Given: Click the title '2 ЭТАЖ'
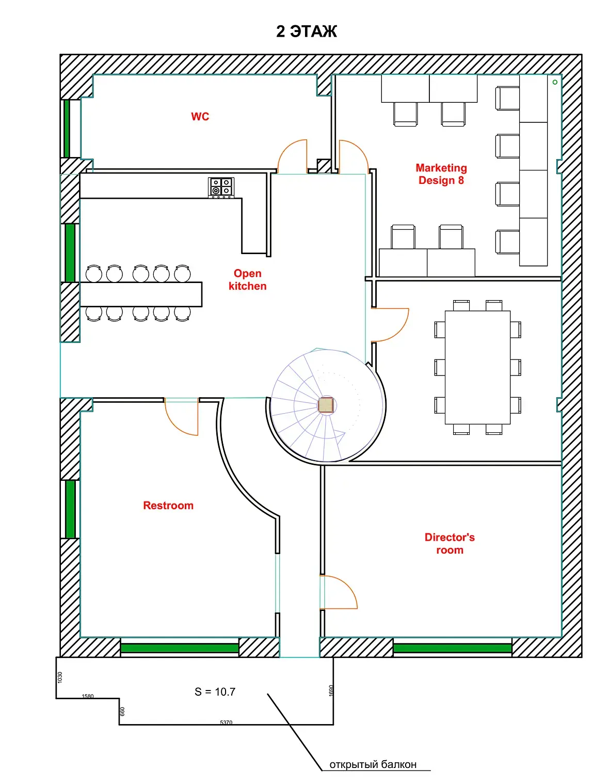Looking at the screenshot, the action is click(x=306, y=32).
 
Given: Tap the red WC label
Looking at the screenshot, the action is click(x=200, y=116).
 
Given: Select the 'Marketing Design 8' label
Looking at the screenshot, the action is click(x=441, y=174).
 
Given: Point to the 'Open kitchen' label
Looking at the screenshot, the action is click(x=247, y=279).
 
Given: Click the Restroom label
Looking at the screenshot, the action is click(x=168, y=505).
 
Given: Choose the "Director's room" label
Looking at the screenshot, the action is click(x=450, y=543).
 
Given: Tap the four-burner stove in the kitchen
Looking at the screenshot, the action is click(x=221, y=187).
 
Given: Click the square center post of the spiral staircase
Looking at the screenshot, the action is click(x=326, y=405).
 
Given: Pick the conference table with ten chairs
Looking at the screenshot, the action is click(x=477, y=367).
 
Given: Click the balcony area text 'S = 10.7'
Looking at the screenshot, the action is click(x=215, y=692).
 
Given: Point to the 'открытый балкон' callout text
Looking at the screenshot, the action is click(x=373, y=764).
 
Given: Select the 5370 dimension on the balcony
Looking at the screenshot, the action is click(x=226, y=723).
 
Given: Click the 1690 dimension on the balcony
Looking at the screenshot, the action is click(x=331, y=691).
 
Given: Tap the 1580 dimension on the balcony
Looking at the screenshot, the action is click(x=88, y=696).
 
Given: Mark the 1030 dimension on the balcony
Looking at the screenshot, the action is click(x=60, y=677).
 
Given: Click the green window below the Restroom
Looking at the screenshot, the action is click(x=180, y=648).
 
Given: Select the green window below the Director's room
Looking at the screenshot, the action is click(x=452, y=648).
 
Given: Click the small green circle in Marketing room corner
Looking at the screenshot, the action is click(x=555, y=82).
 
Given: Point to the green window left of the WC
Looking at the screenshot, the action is click(x=67, y=129).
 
